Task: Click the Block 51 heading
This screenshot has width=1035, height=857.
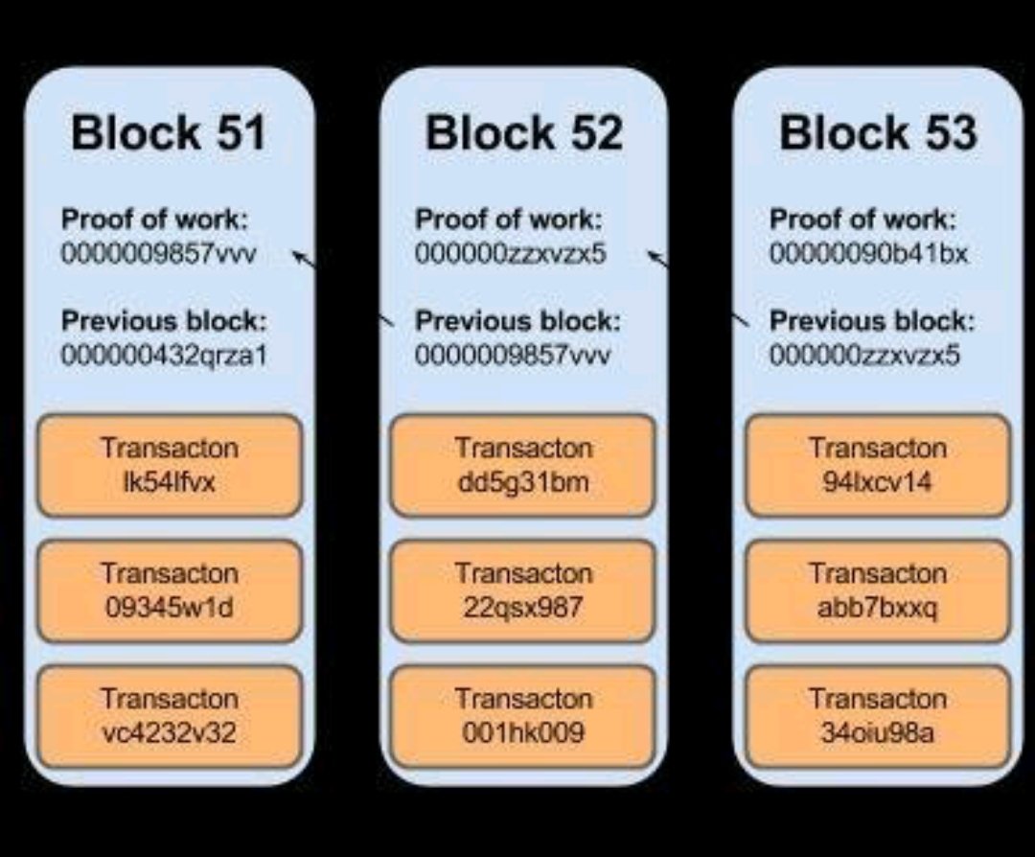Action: tap(169, 132)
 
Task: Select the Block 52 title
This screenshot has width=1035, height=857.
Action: tap(523, 132)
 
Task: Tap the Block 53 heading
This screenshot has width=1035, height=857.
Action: tap(878, 132)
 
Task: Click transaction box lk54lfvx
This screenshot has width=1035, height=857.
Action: tap(170, 465)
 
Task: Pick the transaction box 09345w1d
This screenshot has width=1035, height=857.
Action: tap(170, 591)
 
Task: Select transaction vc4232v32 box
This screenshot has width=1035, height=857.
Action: tap(170, 715)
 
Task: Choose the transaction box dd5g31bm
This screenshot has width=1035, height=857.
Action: tap(523, 465)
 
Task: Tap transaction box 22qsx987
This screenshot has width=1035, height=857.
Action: tap(523, 591)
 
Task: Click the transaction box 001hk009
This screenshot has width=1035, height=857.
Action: tap(523, 715)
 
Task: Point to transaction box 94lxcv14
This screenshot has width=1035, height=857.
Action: tap(878, 465)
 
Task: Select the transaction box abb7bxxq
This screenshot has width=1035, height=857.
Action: tap(878, 591)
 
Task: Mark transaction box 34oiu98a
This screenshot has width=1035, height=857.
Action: tap(878, 715)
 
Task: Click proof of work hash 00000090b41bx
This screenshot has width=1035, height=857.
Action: tap(869, 255)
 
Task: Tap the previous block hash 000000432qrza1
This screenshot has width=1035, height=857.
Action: tap(165, 356)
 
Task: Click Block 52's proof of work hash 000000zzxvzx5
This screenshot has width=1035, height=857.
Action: tap(511, 255)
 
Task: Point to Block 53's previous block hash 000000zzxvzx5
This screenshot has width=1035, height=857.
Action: tap(864, 356)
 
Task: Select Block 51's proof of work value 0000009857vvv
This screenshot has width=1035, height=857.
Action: tap(159, 255)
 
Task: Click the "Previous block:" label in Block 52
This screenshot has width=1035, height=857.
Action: tap(517, 321)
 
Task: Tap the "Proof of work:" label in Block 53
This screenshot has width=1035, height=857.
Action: tap(862, 220)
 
